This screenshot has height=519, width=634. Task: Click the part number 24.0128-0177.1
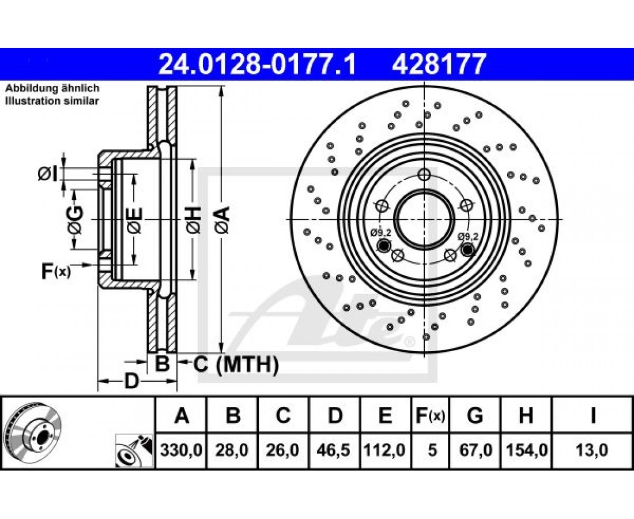click(257, 65)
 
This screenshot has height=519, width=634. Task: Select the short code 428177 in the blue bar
click(438, 65)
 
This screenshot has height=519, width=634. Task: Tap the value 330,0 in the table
click(181, 450)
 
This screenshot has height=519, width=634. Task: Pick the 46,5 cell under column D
click(334, 450)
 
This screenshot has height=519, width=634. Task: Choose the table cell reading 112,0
click(384, 450)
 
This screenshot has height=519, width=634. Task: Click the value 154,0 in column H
click(526, 450)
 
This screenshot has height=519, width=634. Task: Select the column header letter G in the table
click(475, 415)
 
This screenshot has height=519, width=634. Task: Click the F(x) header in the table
click(430, 416)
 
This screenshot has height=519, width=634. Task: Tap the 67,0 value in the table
click(475, 450)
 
